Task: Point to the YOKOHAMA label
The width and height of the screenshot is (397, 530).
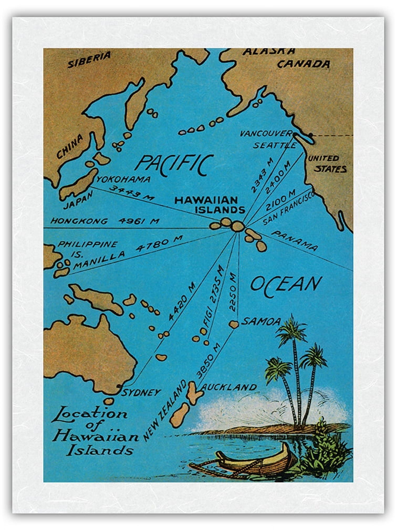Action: point(123,180)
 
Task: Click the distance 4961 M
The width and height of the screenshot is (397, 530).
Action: point(139,221)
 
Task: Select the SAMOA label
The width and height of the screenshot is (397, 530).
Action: point(260,321)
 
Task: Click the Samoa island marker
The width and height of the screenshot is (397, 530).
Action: point(233,324)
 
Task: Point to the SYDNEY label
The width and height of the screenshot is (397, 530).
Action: point(141,393)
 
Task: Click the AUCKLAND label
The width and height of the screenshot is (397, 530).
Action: point(230,387)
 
